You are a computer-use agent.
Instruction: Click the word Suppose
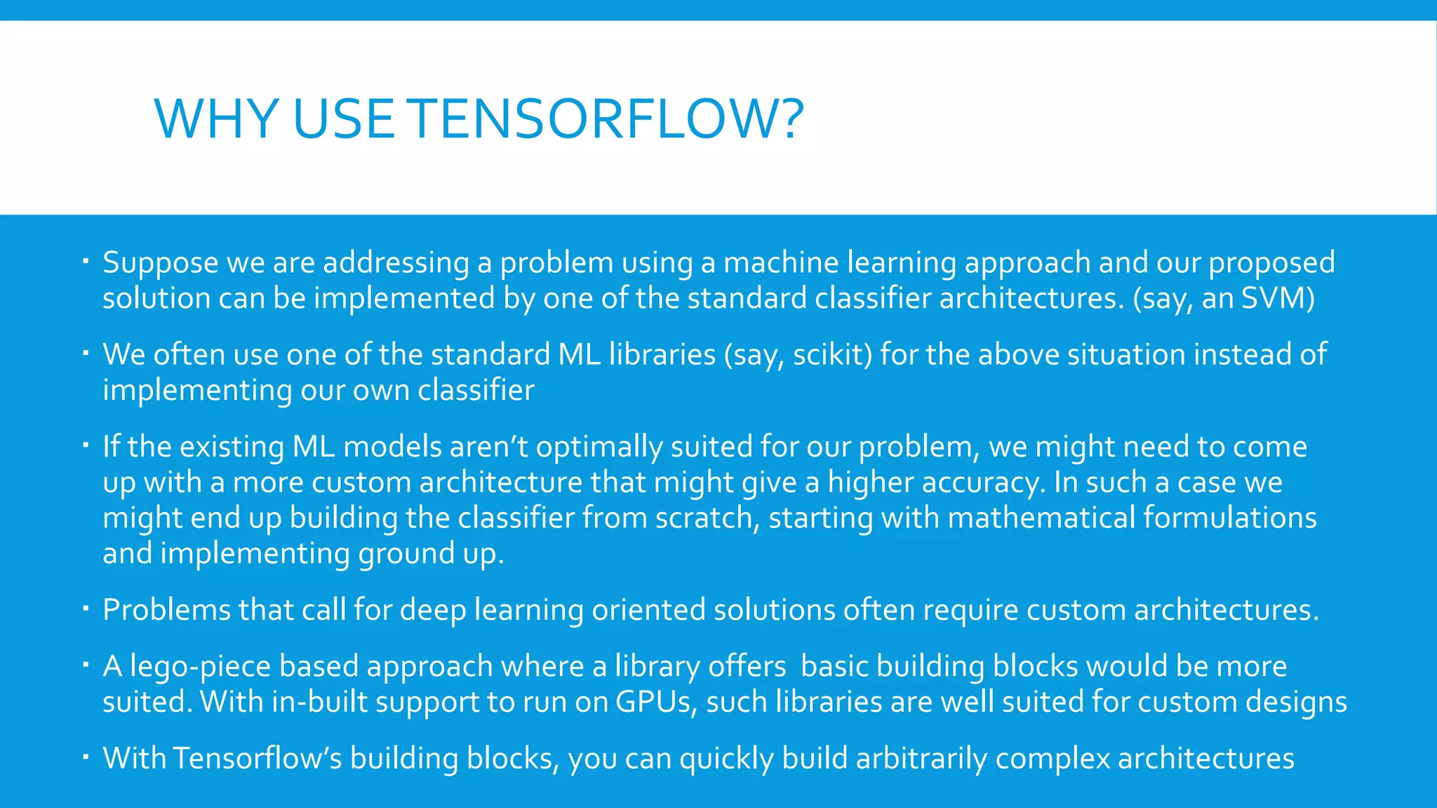point(161,263)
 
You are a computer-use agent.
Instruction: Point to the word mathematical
point(1041,518)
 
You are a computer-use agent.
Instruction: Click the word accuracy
point(983,483)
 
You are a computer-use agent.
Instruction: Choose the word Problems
point(166,610)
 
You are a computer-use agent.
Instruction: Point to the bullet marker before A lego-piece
point(84,665)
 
